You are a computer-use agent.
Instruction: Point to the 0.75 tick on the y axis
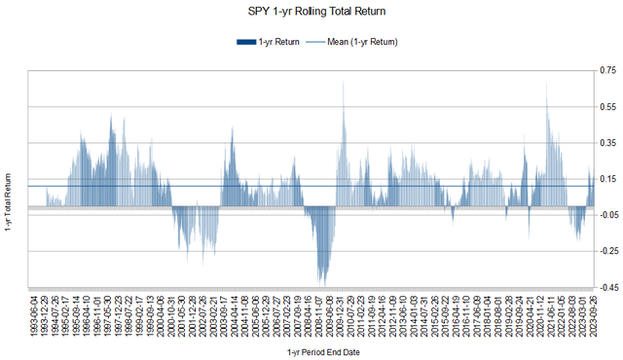(607, 71)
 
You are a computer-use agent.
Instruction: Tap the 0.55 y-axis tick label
(607, 107)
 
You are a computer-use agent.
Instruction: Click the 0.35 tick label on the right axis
(607, 143)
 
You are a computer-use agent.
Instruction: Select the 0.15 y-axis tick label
(607, 179)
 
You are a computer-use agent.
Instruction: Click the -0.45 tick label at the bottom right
(605, 287)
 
